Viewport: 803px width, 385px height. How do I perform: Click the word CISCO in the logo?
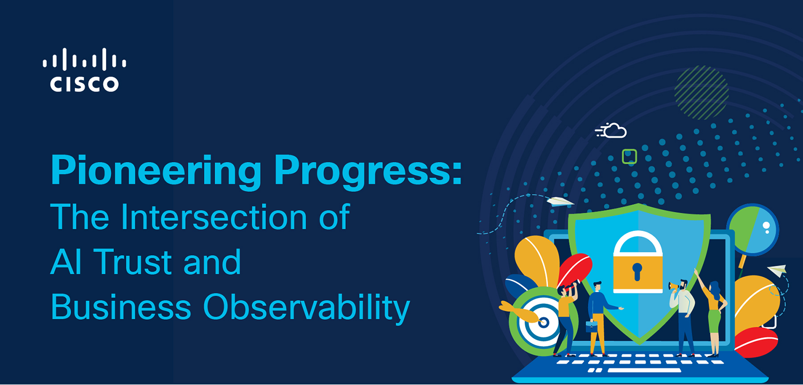(x=84, y=84)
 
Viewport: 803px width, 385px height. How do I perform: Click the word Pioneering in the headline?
(x=156, y=171)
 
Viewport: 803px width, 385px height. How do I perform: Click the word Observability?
(x=307, y=308)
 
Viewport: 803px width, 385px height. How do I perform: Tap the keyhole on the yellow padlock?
(x=637, y=272)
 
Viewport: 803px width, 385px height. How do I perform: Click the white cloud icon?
(x=611, y=130)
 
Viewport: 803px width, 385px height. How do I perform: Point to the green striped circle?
(x=701, y=93)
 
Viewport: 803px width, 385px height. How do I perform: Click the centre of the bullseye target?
(x=544, y=322)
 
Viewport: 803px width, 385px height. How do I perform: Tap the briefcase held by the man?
(x=592, y=326)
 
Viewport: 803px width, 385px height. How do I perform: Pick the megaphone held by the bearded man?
(x=673, y=287)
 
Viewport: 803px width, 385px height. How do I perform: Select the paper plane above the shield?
(x=559, y=202)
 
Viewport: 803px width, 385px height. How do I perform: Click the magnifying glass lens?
(x=753, y=229)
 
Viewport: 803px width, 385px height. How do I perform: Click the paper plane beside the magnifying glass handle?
(x=777, y=271)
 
